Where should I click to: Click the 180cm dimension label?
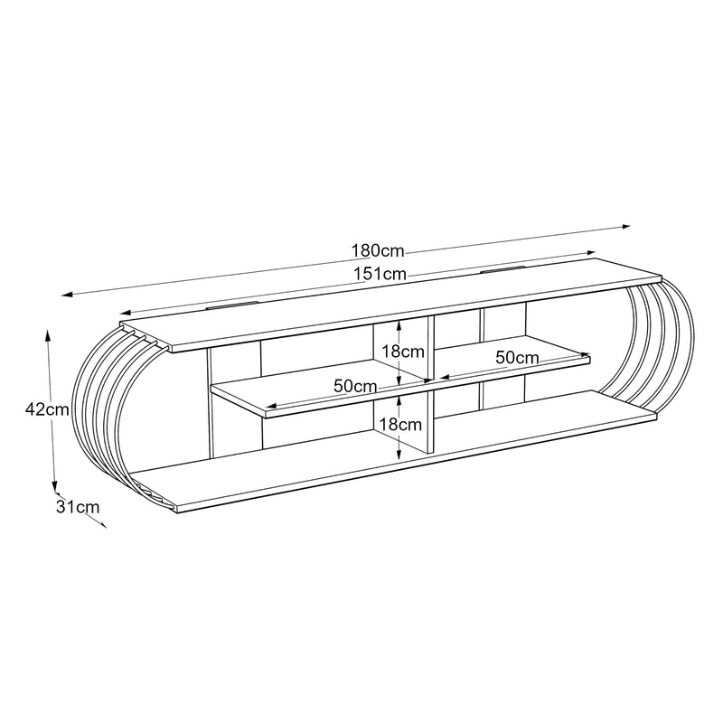(x=378, y=251)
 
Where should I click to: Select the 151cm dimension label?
(x=380, y=274)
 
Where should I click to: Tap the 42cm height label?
(x=47, y=409)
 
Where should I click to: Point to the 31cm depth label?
(x=78, y=507)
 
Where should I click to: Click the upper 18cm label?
(x=403, y=352)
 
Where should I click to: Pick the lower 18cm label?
(x=400, y=424)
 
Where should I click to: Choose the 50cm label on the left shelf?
(x=355, y=386)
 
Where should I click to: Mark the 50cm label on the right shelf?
(x=517, y=357)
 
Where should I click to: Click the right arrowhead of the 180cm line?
(x=626, y=227)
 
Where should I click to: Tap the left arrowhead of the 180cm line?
(x=67, y=294)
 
